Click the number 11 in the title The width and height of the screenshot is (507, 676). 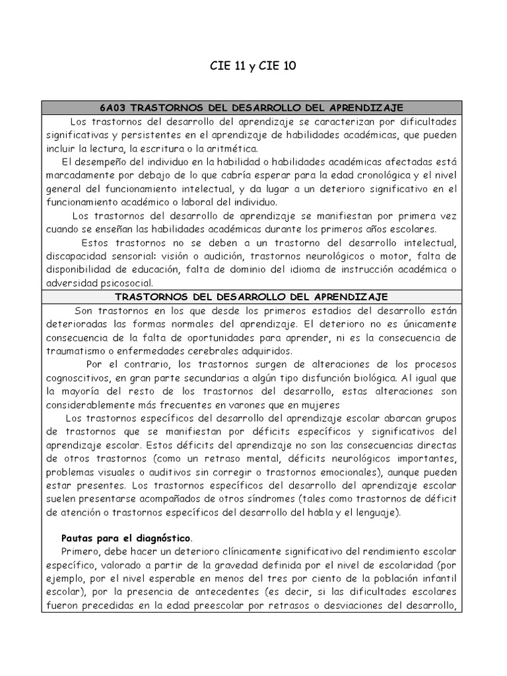click(x=240, y=67)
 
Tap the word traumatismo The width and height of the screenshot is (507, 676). click(x=75, y=351)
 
